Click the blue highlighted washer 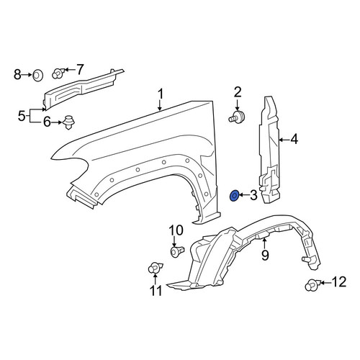pos(234,196)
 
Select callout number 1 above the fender pos(161,94)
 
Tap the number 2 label pos(237,93)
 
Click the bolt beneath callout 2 pos(236,117)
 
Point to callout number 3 pos(253,195)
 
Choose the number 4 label pos(294,139)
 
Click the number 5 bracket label pos(22,116)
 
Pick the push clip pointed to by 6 pos(68,122)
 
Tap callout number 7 pos(80,69)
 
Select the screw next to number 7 pos(58,73)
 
